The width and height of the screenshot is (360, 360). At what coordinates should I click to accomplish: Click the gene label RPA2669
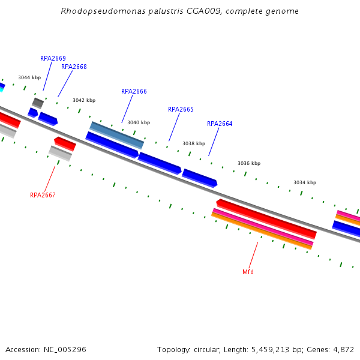pos(53,58)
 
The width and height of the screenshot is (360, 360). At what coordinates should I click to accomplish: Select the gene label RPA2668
pos(74,67)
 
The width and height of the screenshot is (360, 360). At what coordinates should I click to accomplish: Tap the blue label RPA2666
pos(134,91)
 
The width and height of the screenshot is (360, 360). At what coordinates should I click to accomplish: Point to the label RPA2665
pos(181,109)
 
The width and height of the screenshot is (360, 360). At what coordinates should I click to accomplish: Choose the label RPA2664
pos(220,124)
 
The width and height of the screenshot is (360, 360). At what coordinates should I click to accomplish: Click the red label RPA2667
pos(43,195)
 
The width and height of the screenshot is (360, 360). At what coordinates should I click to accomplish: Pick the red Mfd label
pos(248,272)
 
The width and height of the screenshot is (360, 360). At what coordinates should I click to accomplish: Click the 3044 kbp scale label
pos(29,77)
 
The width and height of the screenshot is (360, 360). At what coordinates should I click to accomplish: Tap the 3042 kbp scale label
pos(84,100)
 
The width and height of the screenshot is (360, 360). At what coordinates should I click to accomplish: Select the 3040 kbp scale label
pos(139,122)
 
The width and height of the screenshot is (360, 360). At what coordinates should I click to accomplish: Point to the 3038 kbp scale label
pos(194,143)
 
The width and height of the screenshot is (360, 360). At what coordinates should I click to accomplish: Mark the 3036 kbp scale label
pos(249,163)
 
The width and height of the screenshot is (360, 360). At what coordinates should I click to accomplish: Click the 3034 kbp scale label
pos(305,182)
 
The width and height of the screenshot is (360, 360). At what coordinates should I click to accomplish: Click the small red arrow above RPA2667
pos(65,144)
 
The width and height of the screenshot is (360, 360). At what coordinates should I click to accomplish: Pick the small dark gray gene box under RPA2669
pos(38,103)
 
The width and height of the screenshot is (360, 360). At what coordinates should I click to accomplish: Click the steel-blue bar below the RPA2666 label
pos(117,135)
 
